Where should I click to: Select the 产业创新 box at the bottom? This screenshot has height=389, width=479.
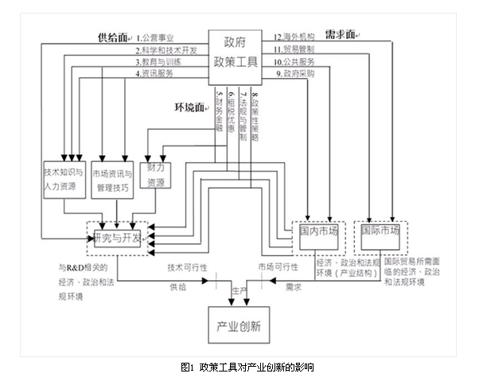pyautogui.click(x=240, y=325)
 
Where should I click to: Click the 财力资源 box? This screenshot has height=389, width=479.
pyautogui.click(x=155, y=175)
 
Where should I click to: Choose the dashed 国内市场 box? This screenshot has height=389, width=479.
pyautogui.click(x=318, y=231)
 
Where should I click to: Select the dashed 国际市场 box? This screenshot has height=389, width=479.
pyautogui.click(x=380, y=231)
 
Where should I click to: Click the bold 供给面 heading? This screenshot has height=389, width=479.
pyautogui.click(x=112, y=37)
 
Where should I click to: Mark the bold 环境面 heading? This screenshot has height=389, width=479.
pyautogui.click(x=189, y=107)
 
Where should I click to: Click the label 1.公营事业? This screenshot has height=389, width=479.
pyautogui.click(x=155, y=37)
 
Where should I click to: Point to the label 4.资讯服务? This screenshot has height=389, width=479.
pyautogui.click(x=155, y=73)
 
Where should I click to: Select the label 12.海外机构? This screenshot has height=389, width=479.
pyautogui.click(x=294, y=37)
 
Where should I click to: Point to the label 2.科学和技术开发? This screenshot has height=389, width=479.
pyautogui.click(x=166, y=49)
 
